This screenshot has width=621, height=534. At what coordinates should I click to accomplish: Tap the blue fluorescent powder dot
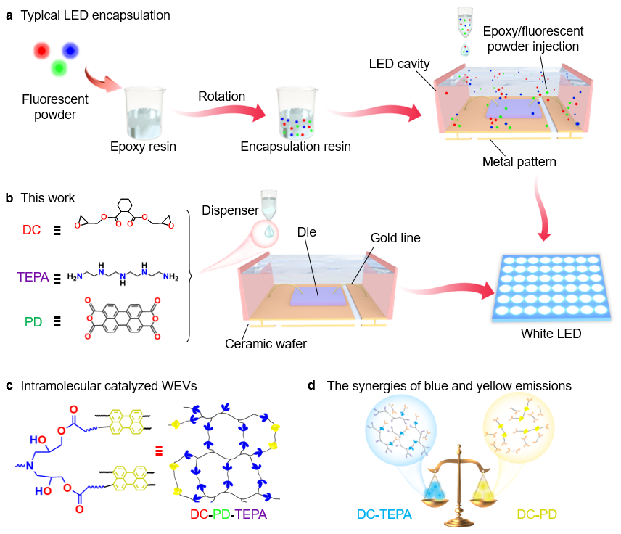70,49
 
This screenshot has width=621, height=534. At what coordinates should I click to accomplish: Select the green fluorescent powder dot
59,69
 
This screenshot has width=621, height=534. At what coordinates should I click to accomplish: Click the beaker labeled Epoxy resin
144,112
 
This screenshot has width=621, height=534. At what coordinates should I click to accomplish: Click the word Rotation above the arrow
222,96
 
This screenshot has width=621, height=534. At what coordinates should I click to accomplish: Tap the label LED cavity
395,65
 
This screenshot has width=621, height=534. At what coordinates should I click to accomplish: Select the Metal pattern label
519,161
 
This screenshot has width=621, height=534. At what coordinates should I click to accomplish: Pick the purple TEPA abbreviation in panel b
31,276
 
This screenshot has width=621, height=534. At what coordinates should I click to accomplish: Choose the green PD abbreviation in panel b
33,321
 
